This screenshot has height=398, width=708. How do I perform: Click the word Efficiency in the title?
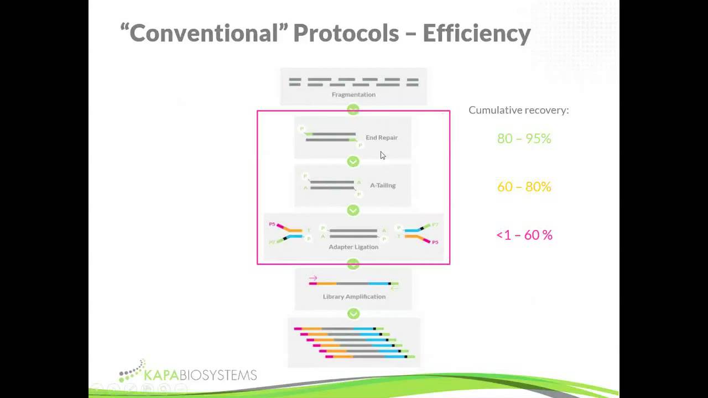click(476, 33)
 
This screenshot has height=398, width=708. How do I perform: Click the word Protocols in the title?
click(346, 33)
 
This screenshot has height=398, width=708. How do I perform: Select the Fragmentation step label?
click(353, 95)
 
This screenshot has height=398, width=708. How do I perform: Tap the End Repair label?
click(381, 138)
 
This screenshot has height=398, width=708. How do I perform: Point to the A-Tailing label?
click(382, 185)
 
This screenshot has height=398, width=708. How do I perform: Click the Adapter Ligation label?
click(353, 247)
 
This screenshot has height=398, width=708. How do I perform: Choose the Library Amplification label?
click(354, 297)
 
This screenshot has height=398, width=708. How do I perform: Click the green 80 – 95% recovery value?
click(524, 139)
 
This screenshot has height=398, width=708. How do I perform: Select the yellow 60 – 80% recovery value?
click(524, 187)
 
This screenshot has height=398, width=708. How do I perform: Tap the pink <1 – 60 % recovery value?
click(524, 235)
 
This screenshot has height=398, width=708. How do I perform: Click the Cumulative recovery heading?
click(518, 110)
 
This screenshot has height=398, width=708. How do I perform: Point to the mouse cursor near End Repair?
click(382, 155)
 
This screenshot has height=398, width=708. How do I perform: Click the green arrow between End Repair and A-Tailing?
click(353, 161)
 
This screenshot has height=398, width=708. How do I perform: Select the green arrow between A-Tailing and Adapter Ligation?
click(353, 210)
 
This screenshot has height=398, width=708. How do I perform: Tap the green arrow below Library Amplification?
click(353, 314)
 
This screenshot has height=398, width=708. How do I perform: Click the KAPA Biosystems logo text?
click(200, 375)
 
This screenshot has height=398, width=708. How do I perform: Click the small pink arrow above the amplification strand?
click(313, 278)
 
